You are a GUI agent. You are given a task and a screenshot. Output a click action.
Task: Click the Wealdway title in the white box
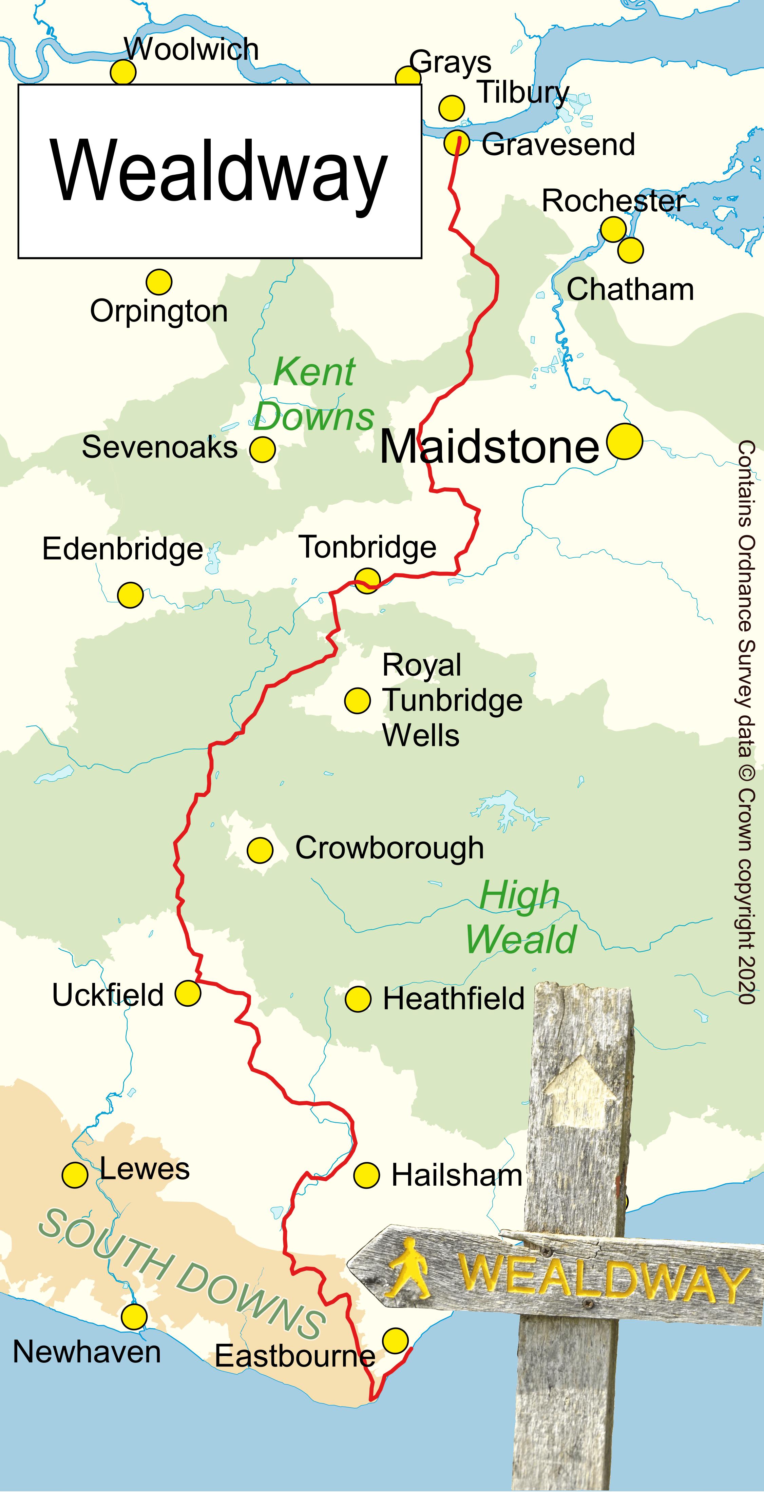coord(219,171)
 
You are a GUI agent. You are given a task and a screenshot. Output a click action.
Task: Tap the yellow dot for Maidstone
coord(625,441)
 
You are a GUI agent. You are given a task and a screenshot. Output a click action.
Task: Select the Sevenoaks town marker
coord(262,449)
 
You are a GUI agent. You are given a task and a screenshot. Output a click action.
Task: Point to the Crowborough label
coord(389,849)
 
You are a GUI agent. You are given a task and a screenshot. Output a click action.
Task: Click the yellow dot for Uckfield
coord(188,993)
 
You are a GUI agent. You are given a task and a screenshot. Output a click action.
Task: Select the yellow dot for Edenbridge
coord(130,595)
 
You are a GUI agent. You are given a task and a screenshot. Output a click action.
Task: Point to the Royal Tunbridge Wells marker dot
coord(357,700)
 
